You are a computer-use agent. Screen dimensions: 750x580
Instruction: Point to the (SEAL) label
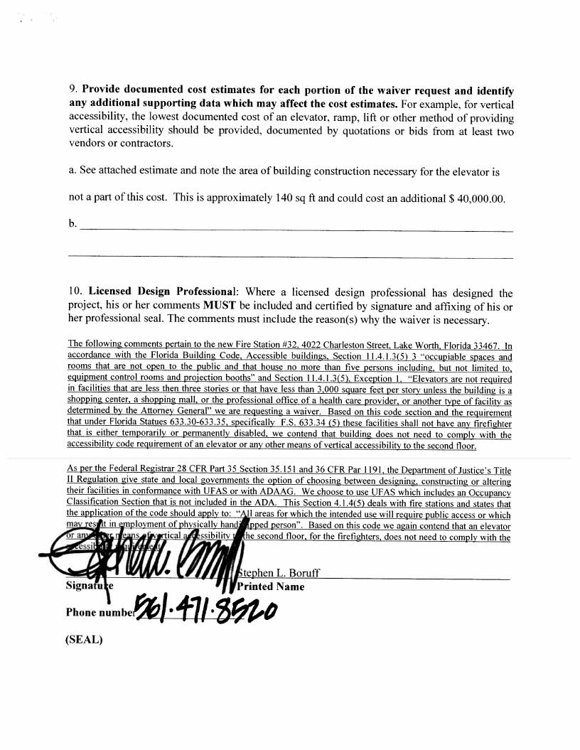84,639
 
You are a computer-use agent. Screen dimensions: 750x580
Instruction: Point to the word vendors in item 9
87,144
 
